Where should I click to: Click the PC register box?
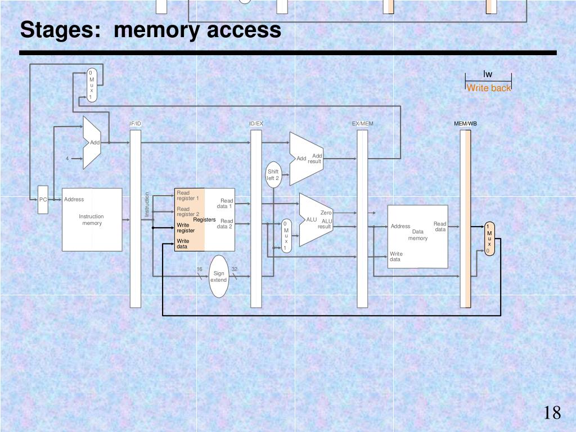43,200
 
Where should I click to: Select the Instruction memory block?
92,219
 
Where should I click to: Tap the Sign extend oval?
219,276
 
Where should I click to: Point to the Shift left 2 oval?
273,175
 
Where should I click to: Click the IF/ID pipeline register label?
136,124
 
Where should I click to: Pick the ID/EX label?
256,124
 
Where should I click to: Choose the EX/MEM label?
362,124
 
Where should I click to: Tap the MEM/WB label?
465,124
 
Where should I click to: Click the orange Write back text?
489,88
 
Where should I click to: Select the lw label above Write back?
488,74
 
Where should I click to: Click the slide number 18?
552,413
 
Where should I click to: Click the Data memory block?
417,236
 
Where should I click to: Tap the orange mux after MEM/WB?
489,238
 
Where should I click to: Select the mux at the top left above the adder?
91,85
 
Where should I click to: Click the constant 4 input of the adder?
67,159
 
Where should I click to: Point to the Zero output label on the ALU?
326,213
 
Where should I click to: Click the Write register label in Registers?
186,228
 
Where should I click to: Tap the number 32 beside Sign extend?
235,269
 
